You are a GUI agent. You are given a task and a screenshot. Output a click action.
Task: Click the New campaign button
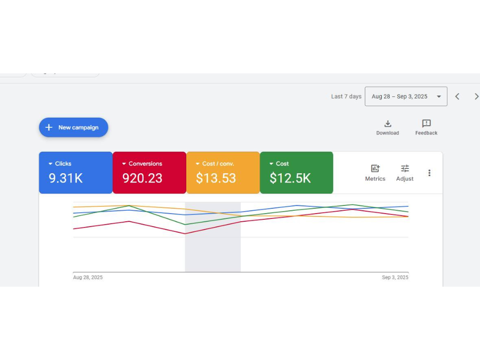[73, 128]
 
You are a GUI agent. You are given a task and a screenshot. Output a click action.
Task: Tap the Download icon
[388, 124]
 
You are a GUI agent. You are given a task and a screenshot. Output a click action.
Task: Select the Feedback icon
[426, 124]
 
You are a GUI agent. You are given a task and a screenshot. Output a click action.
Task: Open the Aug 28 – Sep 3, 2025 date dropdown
[406, 96]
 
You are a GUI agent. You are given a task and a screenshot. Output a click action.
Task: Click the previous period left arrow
[457, 96]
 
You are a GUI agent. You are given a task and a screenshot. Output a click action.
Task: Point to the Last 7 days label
[346, 96]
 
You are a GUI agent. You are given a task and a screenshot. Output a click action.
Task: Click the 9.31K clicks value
[66, 179]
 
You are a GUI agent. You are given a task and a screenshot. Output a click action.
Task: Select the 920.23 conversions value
[142, 179]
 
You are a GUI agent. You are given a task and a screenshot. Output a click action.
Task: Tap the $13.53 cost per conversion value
[216, 179]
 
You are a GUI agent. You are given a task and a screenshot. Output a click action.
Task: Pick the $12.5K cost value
[290, 179]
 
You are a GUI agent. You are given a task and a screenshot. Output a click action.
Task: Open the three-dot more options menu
[429, 173]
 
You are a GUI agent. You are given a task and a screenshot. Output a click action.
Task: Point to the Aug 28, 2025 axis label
[88, 277]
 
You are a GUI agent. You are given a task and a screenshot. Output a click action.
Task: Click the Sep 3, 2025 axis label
[395, 277]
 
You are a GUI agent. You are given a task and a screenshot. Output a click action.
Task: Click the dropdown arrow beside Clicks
[50, 164]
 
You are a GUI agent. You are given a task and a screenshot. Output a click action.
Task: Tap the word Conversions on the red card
[145, 164]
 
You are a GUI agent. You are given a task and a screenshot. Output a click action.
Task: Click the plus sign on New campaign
[48, 128]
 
